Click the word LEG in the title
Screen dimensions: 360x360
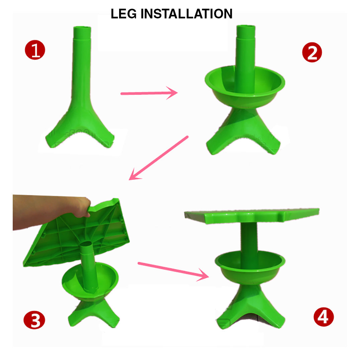click(124, 14)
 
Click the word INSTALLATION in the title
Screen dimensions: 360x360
click(186, 14)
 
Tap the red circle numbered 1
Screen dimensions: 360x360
click(35, 50)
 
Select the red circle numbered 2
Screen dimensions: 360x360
click(312, 52)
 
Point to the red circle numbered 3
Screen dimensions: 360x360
click(34, 320)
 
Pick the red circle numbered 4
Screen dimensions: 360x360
click(324, 317)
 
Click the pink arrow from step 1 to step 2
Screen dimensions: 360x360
click(149, 93)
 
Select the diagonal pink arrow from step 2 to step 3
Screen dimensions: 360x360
click(158, 158)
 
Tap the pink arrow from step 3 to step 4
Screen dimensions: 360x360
click(173, 271)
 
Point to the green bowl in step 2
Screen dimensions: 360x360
click(245, 86)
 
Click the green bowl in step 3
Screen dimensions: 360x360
click(90, 281)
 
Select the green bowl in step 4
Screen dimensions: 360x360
click(250, 267)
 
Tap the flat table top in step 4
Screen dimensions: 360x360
click(252, 215)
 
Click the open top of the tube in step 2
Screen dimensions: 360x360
click(246, 27)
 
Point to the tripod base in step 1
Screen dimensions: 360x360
click(80, 124)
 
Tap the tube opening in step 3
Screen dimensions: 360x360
click(86, 244)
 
